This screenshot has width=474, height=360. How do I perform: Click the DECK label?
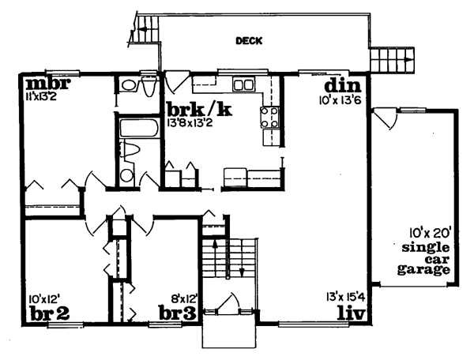pyautogui.click(x=249, y=41)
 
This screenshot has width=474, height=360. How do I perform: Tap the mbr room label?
pyautogui.click(x=48, y=84)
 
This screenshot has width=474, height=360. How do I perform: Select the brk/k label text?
pyautogui.click(x=199, y=110)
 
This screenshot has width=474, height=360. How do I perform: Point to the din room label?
pyautogui.click(x=343, y=86)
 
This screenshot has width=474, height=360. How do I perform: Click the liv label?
pyautogui.click(x=352, y=313)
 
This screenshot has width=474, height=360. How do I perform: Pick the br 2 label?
pyautogui.click(x=50, y=313)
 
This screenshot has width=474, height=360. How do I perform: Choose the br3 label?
pyautogui.click(x=178, y=313)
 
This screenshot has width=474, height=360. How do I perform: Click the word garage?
pyautogui.click(x=423, y=270)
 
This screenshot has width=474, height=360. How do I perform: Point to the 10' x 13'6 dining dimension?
pyautogui.click(x=340, y=100)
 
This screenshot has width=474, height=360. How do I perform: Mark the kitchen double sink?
pyautogui.click(x=243, y=84)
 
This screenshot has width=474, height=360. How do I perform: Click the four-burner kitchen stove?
pyautogui.click(x=269, y=118)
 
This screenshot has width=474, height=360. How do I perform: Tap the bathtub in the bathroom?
pyautogui.click(x=139, y=128)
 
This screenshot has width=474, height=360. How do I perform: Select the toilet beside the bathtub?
pyautogui.click(x=130, y=149)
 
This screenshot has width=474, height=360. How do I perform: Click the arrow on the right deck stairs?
pyautogui.click(x=408, y=59)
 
